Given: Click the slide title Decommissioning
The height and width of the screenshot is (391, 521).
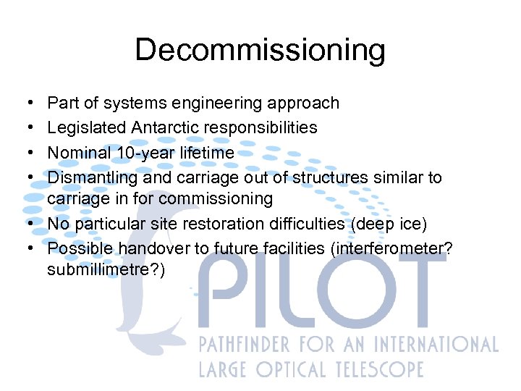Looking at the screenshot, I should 260,51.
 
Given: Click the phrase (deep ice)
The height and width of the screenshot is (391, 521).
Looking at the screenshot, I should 391,224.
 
